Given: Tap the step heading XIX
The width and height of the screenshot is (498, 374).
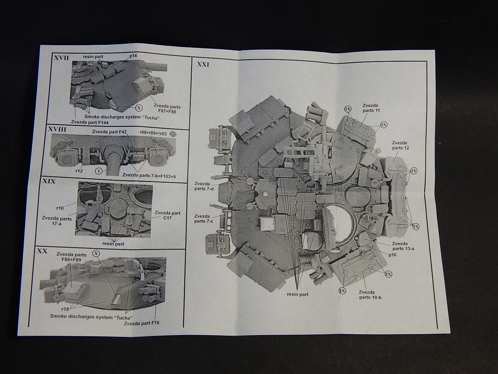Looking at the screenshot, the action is tap(49, 181).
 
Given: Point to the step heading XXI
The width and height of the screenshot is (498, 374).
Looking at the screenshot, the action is tap(203, 65).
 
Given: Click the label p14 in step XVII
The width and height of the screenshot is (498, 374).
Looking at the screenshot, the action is tap(133, 55).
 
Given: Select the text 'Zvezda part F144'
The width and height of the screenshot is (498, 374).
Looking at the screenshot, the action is tap(90, 122).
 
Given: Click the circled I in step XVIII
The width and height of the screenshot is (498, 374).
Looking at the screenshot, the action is tap(99, 171).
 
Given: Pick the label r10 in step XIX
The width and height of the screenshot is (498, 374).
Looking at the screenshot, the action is tap(60, 208).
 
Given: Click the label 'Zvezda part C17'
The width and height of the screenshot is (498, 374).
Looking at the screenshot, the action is tap(167, 215).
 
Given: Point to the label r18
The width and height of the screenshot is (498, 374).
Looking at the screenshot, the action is tap(65, 309).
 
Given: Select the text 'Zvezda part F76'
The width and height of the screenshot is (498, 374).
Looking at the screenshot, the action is tap(142, 323).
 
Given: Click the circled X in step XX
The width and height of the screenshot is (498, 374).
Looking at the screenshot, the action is tap(96, 253).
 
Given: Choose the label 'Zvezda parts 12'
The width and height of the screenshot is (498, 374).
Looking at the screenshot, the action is tap(400, 145).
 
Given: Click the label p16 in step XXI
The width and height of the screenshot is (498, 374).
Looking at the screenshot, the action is tap(392, 255).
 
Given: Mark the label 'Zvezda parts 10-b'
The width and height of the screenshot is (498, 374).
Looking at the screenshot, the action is tap(370, 295).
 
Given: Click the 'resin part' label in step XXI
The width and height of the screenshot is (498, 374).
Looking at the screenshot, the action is tap(298, 294).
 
